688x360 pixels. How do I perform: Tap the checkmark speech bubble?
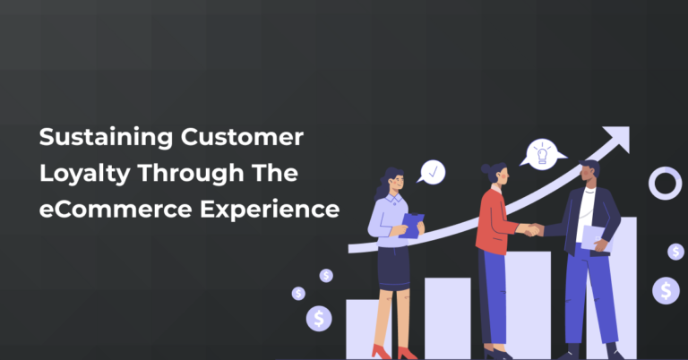pyautogui.click(x=433, y=171)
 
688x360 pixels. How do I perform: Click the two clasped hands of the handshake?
pyautogui.click(x=532, y=230)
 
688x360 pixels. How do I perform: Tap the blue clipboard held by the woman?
pyautogui.click(x=412, y=225)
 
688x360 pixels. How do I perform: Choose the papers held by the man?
pyautogui.click(x=593, y=236)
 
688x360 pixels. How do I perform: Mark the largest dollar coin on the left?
pyautogui.click(x=319, y=317)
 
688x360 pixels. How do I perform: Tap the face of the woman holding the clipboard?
pyautogui.click(x=397, y=184)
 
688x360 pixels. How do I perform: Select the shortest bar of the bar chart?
pyautogui.click(x=368, y=328)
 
